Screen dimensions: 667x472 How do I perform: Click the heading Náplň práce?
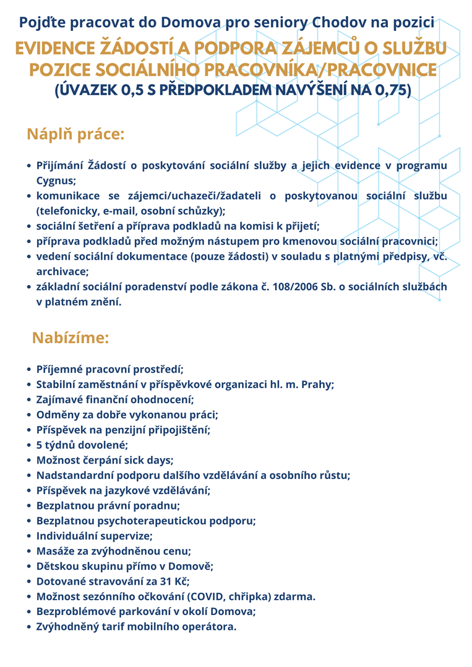(x=75, y=134)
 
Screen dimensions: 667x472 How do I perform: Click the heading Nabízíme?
(x=71, y=338)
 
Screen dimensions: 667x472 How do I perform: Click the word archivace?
(x=62, y=271)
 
